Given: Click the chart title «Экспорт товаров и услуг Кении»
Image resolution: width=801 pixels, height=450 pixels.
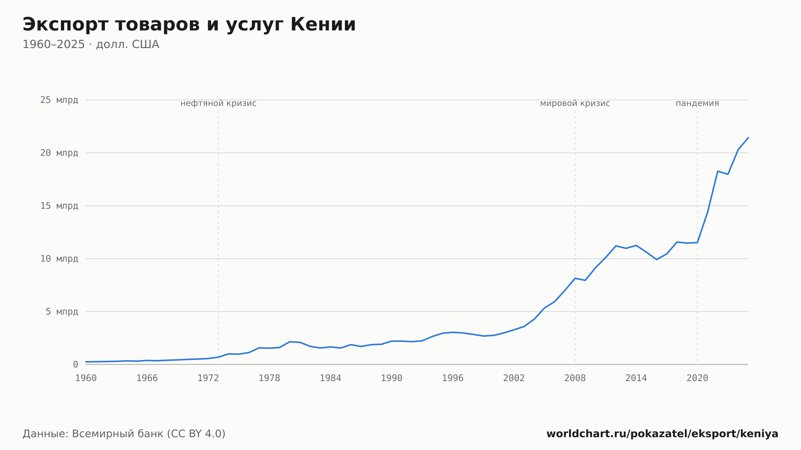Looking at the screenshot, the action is [x=189, y=25].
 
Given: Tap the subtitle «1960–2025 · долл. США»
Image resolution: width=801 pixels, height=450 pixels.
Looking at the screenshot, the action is [x=91, y=44].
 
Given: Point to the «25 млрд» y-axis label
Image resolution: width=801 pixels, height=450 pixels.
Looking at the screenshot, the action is [x=59, y=100].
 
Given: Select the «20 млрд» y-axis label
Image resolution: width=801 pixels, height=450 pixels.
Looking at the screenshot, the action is [x=59, y=153].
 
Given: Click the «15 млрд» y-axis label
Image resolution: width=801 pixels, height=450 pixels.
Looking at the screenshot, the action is [x=59, y=206].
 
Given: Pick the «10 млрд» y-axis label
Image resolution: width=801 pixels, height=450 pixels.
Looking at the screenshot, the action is [x=59, y=259].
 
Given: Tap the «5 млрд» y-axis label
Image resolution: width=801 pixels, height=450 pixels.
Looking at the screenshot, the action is [x=62, y=311].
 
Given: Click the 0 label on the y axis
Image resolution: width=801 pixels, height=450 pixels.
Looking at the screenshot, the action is [x=75, y=364].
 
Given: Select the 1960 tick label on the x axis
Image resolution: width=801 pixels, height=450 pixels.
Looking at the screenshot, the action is [x=86, y=378].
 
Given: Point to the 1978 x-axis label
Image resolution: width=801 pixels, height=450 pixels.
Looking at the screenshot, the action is [x=269, y=378].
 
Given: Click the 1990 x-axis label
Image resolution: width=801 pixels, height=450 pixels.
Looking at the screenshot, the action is [x=392, y=378].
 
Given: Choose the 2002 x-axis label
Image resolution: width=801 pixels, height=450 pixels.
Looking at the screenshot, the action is [x=514, y=378].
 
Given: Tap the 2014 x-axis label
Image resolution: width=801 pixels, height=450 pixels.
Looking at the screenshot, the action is [x=636, y=378].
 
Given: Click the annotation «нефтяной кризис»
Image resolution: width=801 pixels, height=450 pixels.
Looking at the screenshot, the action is [x=218, y=103].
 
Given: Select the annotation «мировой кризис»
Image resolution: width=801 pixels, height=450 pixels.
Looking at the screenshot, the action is [x=575, y=103].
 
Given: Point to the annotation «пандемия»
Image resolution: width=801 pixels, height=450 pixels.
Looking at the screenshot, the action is [x=697, y=103].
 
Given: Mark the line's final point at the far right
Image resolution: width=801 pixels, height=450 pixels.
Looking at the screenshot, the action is [x=748, y=138].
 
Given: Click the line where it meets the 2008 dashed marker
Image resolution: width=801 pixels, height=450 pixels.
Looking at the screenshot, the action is [x=575, y=278].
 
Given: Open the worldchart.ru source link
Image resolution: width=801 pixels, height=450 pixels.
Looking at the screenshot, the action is [x=662, y=434].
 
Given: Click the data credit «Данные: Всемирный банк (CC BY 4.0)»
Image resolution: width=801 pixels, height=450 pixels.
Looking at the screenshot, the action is [x=124, y=434].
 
